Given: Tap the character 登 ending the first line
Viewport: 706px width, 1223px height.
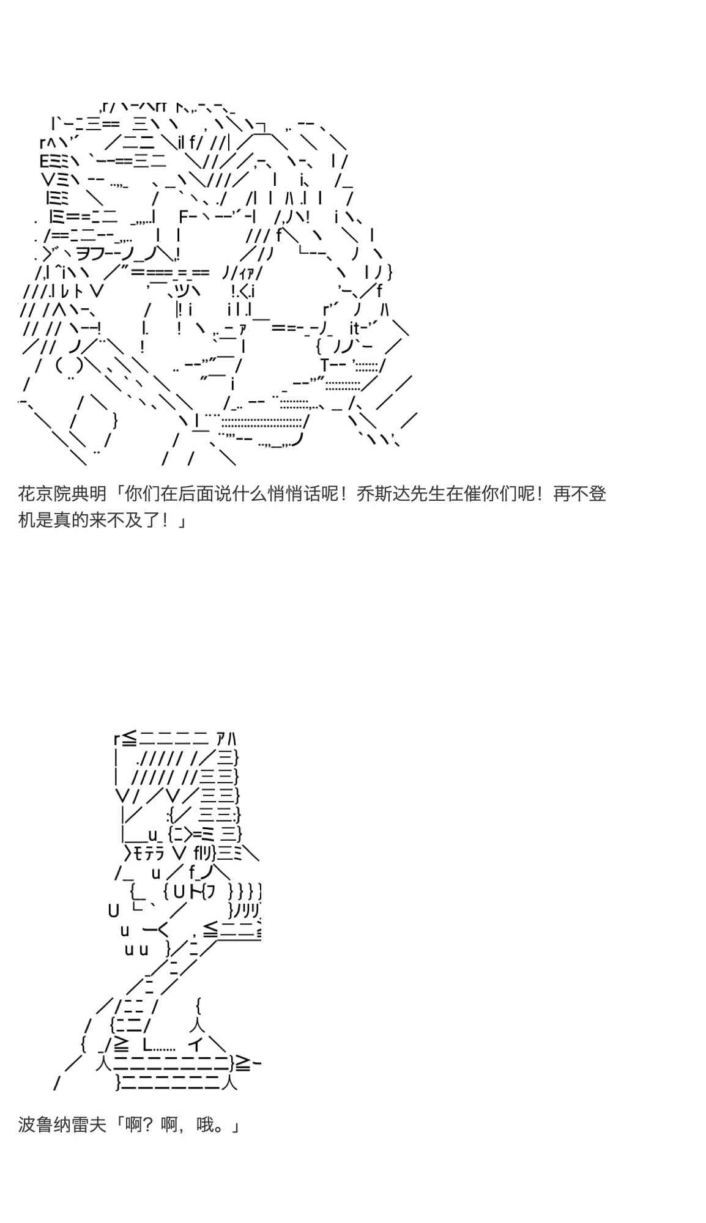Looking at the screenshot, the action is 597,493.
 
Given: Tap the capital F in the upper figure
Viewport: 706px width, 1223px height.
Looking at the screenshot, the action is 184,216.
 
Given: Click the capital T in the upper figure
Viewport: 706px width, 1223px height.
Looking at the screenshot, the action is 325,365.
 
